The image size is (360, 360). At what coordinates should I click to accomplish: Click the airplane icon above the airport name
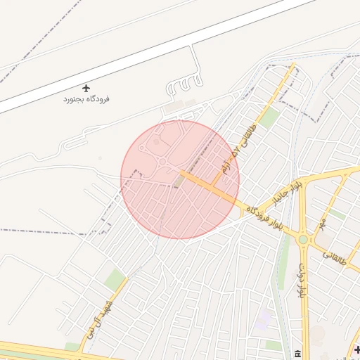[86, 88]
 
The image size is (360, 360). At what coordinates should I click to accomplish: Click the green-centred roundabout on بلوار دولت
[303, 239]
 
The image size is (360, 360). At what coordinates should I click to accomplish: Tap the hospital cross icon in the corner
[356, 349]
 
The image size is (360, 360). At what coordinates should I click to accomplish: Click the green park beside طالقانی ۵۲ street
[268, 117]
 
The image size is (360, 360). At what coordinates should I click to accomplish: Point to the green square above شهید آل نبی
[114, 279]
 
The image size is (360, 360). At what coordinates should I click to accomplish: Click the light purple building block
[264, 321]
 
